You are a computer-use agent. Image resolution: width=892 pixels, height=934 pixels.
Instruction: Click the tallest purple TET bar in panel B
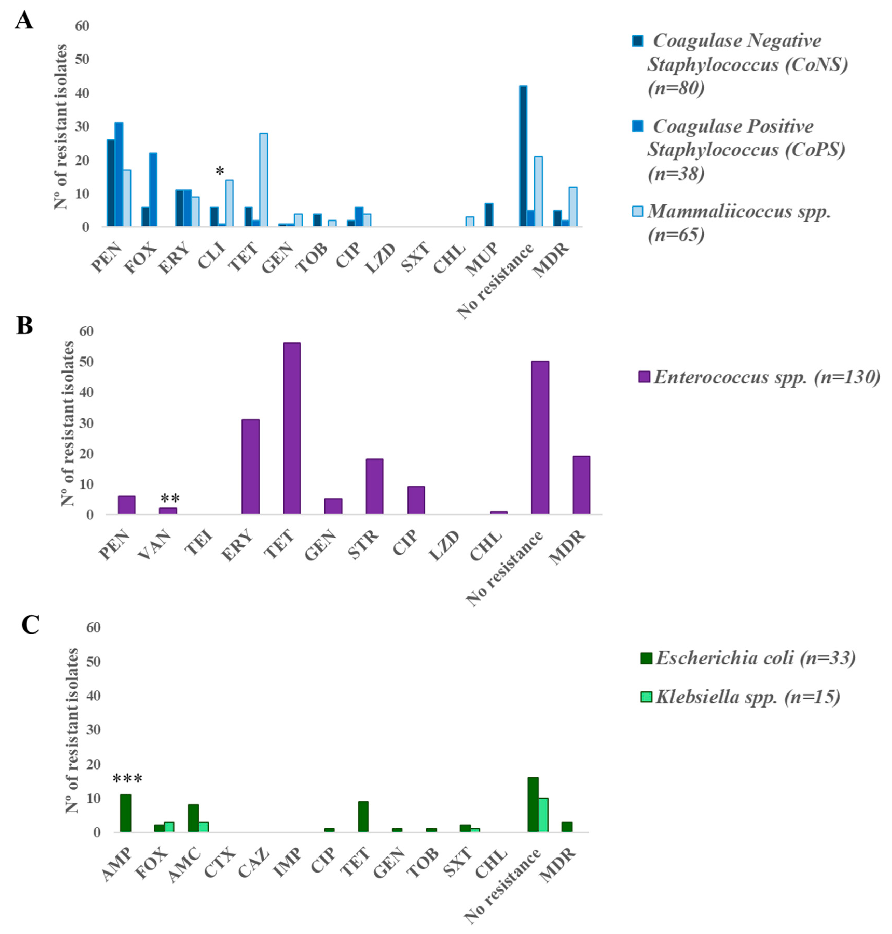292,428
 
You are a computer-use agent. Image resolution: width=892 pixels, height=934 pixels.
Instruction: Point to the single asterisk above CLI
220,171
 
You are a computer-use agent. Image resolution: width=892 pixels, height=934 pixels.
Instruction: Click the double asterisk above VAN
170,498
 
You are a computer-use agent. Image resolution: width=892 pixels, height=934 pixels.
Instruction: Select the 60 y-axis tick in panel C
93,628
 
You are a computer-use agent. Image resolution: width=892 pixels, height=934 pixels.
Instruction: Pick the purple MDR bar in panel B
581,485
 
